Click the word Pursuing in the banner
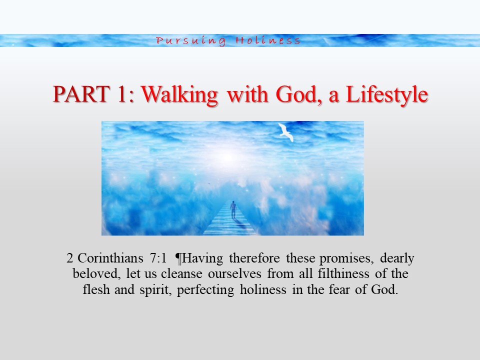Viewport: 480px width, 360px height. tap(191, 41)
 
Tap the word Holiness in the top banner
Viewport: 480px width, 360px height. tap(268, 40)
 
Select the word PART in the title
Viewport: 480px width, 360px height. tap(81, 94)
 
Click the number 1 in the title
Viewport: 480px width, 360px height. tap(121, 94)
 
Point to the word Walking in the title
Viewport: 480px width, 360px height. tap(179, 95)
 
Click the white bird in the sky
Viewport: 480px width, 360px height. tap(286, 132)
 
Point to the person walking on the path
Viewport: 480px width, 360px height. tap(233, 209)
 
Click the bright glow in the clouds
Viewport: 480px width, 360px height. tap(227, 157)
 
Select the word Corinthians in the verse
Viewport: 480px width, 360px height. tap(110, 258)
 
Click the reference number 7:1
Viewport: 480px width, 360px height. tap(158, 258)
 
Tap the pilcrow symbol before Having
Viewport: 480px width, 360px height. tap(178, 258)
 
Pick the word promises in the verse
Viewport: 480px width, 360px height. tap(346, 258)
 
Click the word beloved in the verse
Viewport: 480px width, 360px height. tap(96, 273)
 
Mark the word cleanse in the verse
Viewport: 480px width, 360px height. tap(181, 273)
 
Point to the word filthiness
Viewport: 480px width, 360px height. tap(343, 273)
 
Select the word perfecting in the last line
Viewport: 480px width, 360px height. tap(205, 290)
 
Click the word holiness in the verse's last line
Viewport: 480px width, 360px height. tap(263, 289)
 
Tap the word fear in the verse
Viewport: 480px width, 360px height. tap(339, 289)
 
